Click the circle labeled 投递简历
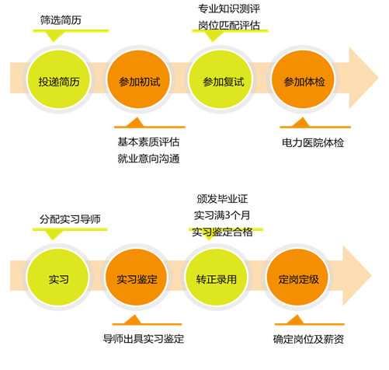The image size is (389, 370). pyautogui.click(x=59, y=79)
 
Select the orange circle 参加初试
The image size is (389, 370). pyautogui.click(x=139, y=79)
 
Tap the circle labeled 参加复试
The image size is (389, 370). pyautogui.click(x=221, y=79)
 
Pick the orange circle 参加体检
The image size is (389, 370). pyautogui.click(x=303, y=79)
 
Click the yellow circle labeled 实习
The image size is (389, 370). pyautogui.click(x=57, y=277)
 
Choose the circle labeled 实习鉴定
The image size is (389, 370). pyautogui.click(x=137, y=277)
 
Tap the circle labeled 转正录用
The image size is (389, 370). pyautogui.click(x=216, y=277)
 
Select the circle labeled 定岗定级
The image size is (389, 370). pyautogui.click(x=297, y=277)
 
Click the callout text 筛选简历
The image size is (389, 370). pyautogui.click(x=61, y=20)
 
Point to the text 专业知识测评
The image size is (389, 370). pyautogui.click(x=229, y=9)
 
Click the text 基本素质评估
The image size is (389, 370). pyautogui.click(x=148, y=142)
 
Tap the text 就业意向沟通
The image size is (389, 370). pyautogui.click(x=148, y=159)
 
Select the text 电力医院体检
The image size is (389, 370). pyautogui.click(x=313, y=143)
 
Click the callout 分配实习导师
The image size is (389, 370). pyautogui.click(x=70, y=219)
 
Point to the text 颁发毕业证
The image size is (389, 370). pyautogui.click(x=222, y=199)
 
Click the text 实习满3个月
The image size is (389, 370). pyautogui.click(x=222, y=215)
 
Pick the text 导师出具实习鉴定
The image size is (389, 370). pyautogui.click(x=144, y=339)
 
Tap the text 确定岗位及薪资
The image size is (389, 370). pyautogui.click(x=308, y=339)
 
